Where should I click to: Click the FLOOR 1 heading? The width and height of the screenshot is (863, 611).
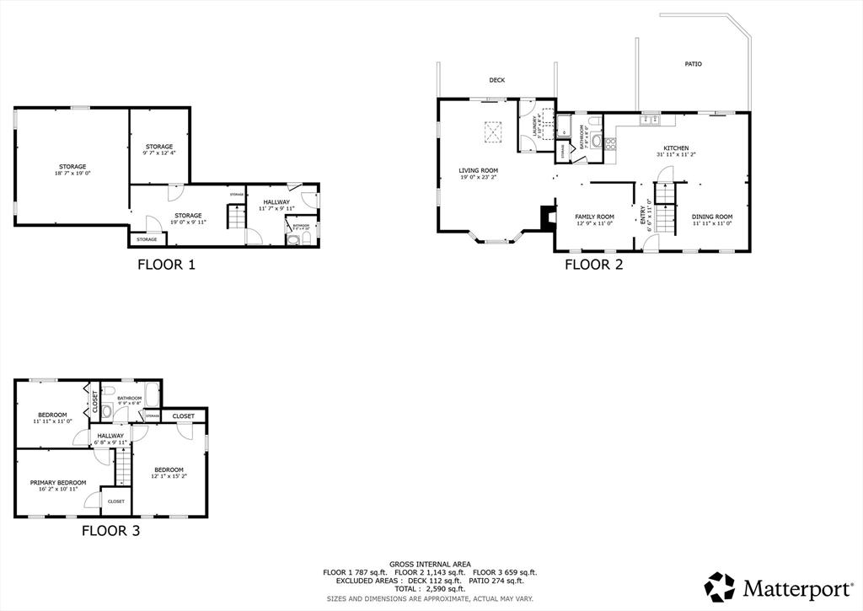click(x=166, y=265)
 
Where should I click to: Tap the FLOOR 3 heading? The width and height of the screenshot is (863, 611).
click(x=110, y=531)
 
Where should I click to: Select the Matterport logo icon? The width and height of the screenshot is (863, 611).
click(x=720, y=587)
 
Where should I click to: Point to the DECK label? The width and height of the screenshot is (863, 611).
click(x=496, y=81)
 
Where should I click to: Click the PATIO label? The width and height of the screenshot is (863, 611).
click(x=693, y=64)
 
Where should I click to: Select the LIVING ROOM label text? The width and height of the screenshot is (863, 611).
click(x=478, y=170)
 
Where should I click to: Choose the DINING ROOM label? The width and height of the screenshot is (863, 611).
click(x=712, y=217)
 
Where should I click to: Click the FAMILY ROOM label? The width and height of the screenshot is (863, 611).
click(x=594, y=217)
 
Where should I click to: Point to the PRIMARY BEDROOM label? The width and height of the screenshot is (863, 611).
click(x=58, y=483)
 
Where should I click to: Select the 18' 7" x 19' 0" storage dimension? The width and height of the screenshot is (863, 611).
click(x=72, y=174)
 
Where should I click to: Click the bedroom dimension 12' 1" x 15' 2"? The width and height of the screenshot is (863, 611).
click(x=168, y=476)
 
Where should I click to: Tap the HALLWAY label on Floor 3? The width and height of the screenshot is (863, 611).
click(x=110, y=436)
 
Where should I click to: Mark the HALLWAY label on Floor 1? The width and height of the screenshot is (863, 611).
click(x=276, y=201)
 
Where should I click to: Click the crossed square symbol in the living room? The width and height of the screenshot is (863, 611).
click(x=492, y=131)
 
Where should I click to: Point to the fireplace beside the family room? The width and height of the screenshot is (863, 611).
click(x=548, y=218)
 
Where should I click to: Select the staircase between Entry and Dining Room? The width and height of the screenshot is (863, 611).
click(x=666, y=211)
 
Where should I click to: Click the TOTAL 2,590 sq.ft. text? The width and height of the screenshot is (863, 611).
click(x=431, y=588)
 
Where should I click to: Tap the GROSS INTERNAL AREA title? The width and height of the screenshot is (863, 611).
click(x=430, y=564)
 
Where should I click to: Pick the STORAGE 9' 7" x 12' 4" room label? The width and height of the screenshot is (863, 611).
click(x=158, y=147)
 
